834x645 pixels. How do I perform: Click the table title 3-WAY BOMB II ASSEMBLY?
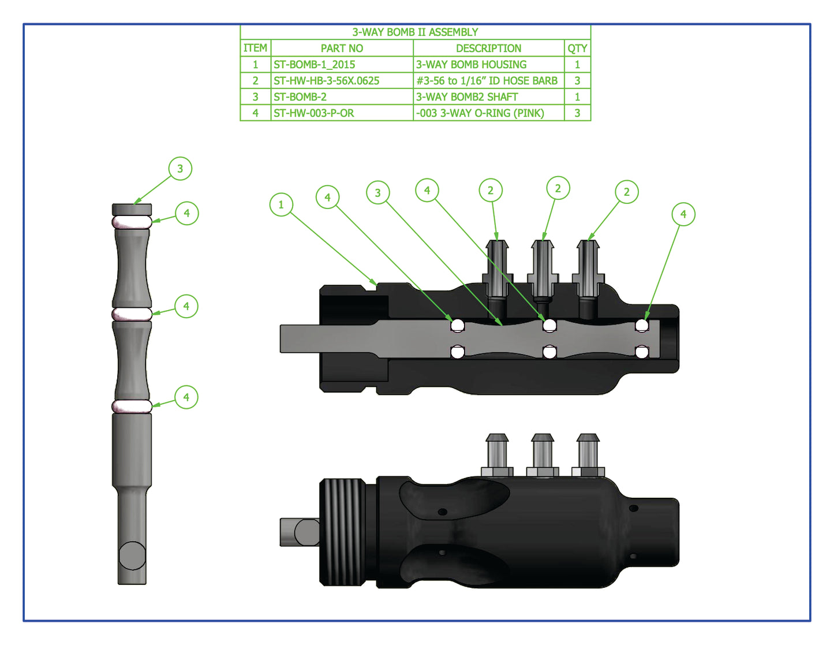pos(415,32)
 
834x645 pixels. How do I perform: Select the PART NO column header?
pos(342,49)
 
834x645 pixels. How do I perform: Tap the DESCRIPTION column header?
pos(488,49)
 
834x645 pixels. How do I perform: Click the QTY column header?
pos(577,49)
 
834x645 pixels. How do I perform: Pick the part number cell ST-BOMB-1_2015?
pos(315,65)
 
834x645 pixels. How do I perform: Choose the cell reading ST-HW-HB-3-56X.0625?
pos(327,81)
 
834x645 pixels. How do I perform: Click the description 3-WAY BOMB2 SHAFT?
pos(467,97)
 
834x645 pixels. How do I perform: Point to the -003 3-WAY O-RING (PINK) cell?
pos(480,113)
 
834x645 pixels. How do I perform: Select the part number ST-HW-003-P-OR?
pos(314,113)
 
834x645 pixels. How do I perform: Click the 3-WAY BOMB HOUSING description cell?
pos(472,65)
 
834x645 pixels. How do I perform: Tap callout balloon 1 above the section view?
pos(281,204)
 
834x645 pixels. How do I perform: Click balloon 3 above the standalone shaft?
pos(180,169)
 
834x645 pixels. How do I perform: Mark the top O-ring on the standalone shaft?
pos(132,222)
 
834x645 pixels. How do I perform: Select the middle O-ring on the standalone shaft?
pos(132,314)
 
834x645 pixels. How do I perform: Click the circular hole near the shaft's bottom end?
pos(132,555)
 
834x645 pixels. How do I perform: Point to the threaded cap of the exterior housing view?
pos(343,531)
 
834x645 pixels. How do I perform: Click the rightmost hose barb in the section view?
pos(588,269)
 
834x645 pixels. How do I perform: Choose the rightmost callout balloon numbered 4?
pos(683,214)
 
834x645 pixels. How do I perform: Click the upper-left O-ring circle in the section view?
pos(458,326)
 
